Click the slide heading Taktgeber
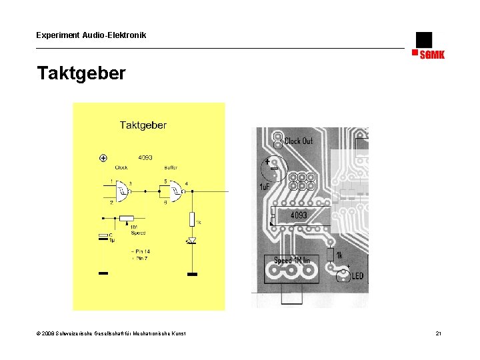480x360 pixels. click(81, 73)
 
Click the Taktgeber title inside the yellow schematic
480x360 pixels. click(143, 125)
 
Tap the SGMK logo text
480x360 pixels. click(432, 55)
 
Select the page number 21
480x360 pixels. click(438, 333)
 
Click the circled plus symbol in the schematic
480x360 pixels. click(103, 158)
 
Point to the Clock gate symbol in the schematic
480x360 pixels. click(123, 193)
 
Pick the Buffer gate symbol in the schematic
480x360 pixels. click(175, 193)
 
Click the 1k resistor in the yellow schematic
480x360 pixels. click(192, 218)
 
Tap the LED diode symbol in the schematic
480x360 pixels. click(192, 241)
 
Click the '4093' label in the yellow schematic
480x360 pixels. click(145, 158)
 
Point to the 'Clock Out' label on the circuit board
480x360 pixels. click(298, 141)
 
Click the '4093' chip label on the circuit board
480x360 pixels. click(299, 215)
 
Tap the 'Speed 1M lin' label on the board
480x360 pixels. click(296, 260)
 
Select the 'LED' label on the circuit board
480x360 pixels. click(357, 276)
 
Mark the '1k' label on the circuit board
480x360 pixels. click(339, 255)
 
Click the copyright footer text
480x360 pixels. click(111, 333)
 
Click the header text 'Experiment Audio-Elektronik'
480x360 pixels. click(91, 35)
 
